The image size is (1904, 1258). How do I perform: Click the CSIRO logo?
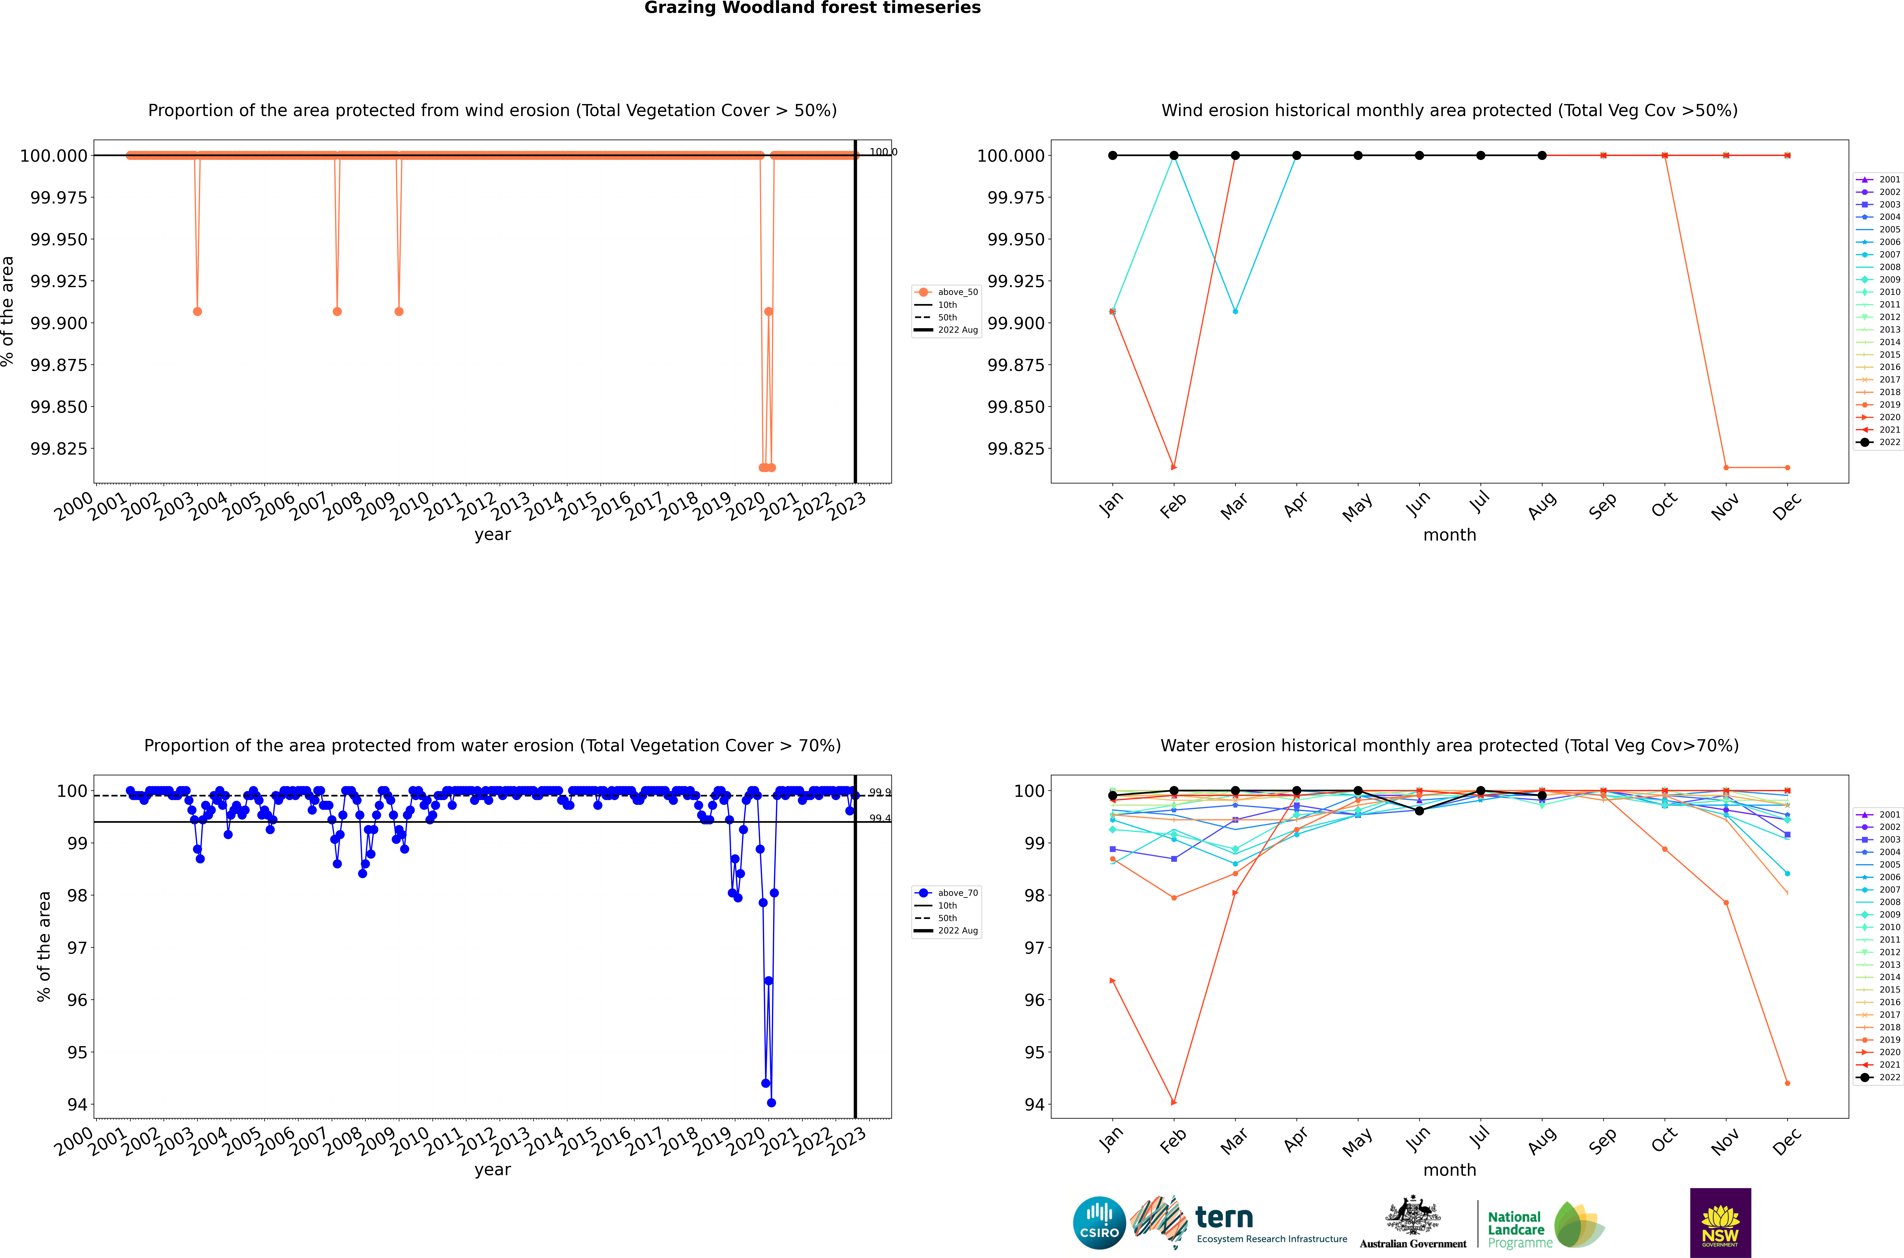pos(1099,1223)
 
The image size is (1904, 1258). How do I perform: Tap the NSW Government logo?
pos(1720,1223)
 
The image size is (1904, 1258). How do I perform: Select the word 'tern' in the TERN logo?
pos(1224,1218)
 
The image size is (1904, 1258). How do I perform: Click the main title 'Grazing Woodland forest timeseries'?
pos(812,8)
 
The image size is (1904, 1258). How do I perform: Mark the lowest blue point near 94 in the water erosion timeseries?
pos(771,1102)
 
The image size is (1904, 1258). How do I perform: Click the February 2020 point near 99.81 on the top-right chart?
pos(1174,467)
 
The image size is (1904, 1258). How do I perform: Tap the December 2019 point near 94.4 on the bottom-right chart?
pos(1787,1083)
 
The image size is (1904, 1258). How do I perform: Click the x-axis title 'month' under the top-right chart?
pos(1449,535)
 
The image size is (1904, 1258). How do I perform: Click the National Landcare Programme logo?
pos(1544,1225)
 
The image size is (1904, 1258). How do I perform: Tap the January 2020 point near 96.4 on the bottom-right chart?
pos(1112,980)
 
